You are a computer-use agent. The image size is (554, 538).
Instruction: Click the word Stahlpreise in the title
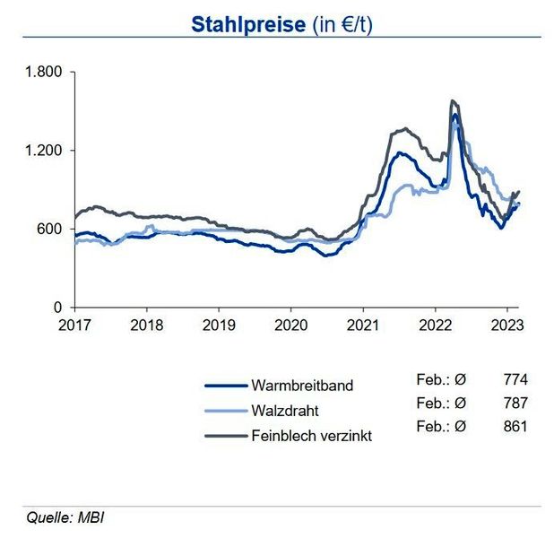(247, 24)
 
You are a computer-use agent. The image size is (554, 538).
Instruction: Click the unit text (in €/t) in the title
(342, 24)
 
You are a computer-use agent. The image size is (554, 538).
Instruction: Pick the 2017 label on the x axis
(76, 324)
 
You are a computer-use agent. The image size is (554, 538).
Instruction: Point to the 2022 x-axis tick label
(435, 324)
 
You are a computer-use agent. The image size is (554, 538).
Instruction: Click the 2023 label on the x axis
(506, 324)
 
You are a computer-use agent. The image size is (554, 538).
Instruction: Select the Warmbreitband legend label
(302, 386)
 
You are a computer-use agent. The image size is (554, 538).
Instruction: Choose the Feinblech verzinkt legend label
(313, 436)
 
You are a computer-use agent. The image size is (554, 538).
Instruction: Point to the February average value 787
(515, 403)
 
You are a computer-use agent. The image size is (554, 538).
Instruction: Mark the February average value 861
(515, 428)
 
